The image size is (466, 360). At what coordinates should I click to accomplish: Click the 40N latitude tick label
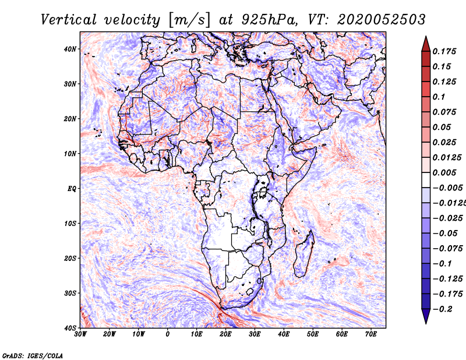pos(70,49)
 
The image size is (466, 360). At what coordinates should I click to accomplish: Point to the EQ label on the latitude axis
pos(72,189)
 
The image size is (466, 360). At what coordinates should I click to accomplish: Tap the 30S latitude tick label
pos(70,294)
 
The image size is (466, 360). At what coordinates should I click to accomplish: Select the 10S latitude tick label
pos(70,224)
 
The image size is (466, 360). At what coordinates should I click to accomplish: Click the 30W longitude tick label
pos(80,334)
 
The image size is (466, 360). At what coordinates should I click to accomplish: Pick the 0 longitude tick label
pos(168,334)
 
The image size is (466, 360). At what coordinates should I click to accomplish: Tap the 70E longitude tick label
pos(371,334)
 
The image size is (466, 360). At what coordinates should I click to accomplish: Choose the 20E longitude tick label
pos(225,334)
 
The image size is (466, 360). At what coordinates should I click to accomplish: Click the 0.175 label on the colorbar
pos(444,51)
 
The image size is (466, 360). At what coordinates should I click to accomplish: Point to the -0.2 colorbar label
pos(443,309)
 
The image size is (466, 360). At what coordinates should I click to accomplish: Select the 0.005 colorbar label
pos(444,172)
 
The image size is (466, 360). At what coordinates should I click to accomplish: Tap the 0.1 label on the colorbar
pos(439,97)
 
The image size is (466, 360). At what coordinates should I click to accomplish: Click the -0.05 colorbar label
pos(444,234)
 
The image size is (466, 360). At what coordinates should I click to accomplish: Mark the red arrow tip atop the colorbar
pos(426,37)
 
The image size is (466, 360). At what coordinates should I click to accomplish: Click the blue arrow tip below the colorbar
pos(426,323)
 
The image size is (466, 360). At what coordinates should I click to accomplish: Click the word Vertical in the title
pos(69,20)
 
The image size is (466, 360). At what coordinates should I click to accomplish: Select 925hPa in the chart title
pos(269,20)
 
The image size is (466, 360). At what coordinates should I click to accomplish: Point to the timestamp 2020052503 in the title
pos(382,20)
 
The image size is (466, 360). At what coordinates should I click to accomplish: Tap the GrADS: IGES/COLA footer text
pos(33,355)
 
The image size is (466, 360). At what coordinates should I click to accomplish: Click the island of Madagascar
pos(304,255)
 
